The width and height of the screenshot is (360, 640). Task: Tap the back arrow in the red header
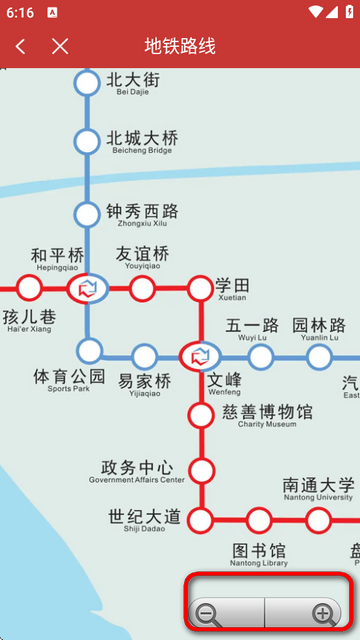coord(21,46)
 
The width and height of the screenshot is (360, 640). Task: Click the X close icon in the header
coord(60,46)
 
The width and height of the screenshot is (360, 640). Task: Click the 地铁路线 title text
coord(180,46)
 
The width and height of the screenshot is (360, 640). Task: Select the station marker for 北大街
coord(88,84)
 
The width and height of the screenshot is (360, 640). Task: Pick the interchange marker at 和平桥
coord(87,289)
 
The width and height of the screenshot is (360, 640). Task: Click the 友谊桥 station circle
coord(143,289)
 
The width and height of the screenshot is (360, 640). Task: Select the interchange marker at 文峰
coord(200,355)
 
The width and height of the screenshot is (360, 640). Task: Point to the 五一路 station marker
coord(260,356)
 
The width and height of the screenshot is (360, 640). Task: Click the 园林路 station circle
coord(319,356)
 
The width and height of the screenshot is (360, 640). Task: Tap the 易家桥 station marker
coord(144,355)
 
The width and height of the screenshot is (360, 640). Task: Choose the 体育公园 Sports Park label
coord(69,380)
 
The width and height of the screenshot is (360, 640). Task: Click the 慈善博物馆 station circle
coord(202,413)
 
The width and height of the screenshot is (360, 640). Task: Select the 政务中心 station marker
coord(202,469)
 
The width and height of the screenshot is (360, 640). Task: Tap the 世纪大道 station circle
coord(201,520)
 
